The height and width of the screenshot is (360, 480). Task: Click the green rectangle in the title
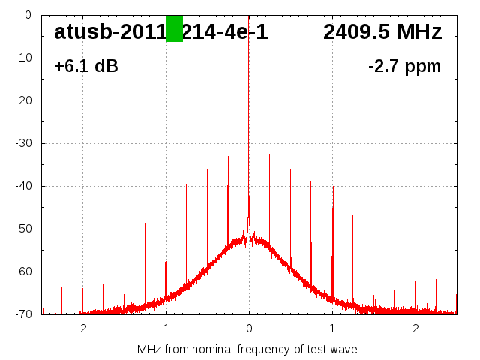tap(174, 28)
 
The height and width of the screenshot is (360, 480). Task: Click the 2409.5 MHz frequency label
tap(382, 32)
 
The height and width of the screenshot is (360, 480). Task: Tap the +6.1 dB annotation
tap(85, 67)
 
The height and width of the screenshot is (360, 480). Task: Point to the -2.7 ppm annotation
tap(404, 67)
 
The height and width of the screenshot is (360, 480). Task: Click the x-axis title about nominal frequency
tap(247, 349)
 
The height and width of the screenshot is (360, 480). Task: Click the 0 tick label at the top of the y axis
tap(27, 15)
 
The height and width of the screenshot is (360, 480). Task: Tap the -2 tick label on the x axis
tap(82, 328)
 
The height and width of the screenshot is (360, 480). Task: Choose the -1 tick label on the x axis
tap(165, 328)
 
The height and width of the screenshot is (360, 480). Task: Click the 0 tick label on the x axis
tap(249, 328)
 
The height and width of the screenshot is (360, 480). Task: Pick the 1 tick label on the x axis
tap(332, 328)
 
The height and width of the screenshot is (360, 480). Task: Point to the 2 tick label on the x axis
tap(415, 328)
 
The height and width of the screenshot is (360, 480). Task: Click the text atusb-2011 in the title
tap(109, 32)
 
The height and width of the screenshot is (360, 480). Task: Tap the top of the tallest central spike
tap(249, 16)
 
